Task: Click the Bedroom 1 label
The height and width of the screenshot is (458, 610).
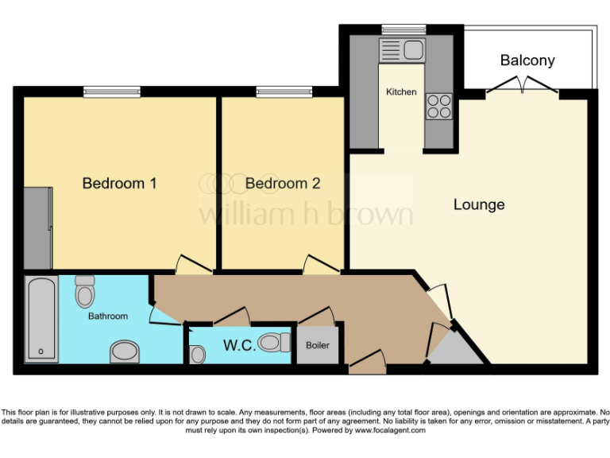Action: tap(119, 184)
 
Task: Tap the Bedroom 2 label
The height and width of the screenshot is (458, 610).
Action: tap(283, 184)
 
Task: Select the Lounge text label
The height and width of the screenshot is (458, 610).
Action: tap(479, 205)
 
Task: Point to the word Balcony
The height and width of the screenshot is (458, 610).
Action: tap(527, 60)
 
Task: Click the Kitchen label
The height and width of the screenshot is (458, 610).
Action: tap(401, 92)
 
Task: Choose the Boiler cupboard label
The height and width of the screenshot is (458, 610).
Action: tap(318, 346)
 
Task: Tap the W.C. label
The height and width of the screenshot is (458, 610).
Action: tap(238, 346)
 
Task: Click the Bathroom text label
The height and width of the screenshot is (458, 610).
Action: tap(108, 316)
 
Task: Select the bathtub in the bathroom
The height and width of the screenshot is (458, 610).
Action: tap(41, 319)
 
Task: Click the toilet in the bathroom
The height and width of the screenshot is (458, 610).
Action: tap(85, 293)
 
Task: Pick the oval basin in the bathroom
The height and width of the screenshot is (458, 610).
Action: tap(124, 350)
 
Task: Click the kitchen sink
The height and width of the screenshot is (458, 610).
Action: tap(403, 51)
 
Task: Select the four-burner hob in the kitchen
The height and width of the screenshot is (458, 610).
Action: tap(439, 107)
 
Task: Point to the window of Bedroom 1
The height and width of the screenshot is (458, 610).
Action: tap(113, 92)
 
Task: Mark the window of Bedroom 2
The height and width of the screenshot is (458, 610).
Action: tap(284, 92)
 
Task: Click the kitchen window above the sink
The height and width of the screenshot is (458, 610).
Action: tap(403, 29)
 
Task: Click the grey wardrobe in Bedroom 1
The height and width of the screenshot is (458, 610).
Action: tap(37, 228)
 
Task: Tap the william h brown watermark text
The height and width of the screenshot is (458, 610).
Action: tap(306, 214)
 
